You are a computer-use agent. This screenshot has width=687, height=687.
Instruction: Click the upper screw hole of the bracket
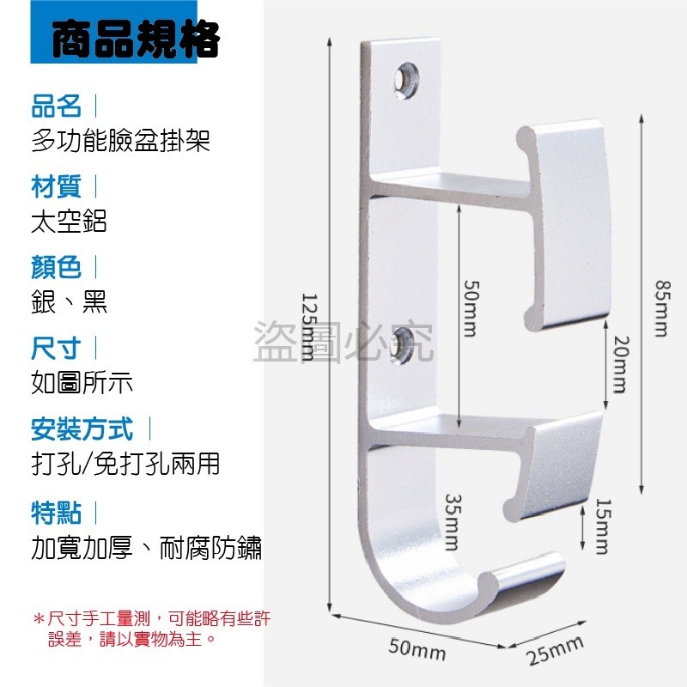click(406, 80)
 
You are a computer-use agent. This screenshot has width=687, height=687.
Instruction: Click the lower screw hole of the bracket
click(402, 347)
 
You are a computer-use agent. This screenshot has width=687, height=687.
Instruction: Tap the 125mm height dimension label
click(308, 326)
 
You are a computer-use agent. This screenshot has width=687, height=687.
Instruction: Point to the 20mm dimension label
click(620, 364)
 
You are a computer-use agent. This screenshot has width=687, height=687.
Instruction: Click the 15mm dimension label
click(603, 526)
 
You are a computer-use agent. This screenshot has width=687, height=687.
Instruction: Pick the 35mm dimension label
click(453, 522)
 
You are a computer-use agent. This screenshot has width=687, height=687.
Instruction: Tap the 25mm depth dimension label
click(555, 649)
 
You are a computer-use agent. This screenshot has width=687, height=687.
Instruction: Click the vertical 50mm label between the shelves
click(471, 308)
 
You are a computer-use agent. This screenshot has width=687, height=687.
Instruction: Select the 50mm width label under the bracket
click(417, 649)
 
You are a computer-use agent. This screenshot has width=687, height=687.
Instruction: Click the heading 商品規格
click(135, 39)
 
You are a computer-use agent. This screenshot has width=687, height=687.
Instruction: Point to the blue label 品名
click(56, 106)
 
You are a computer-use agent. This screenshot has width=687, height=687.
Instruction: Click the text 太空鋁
click(69, 222)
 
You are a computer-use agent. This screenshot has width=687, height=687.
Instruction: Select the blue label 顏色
click(56, 267)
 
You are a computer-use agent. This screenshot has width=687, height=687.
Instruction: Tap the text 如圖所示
click(82, 382)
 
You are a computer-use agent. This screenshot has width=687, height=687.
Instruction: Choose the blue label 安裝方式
click(82, 429)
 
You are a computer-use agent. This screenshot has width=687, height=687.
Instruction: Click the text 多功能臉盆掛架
click(120, 141)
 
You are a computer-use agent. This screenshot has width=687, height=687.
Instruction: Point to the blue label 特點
click(56, 513)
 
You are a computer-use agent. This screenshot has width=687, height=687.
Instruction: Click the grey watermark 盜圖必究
click(343, 342)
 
